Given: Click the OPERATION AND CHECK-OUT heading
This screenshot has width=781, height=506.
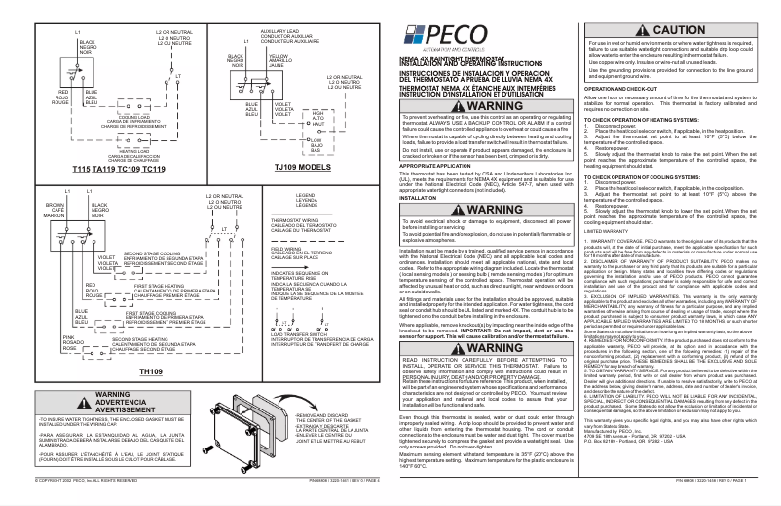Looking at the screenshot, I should point(623,87).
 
